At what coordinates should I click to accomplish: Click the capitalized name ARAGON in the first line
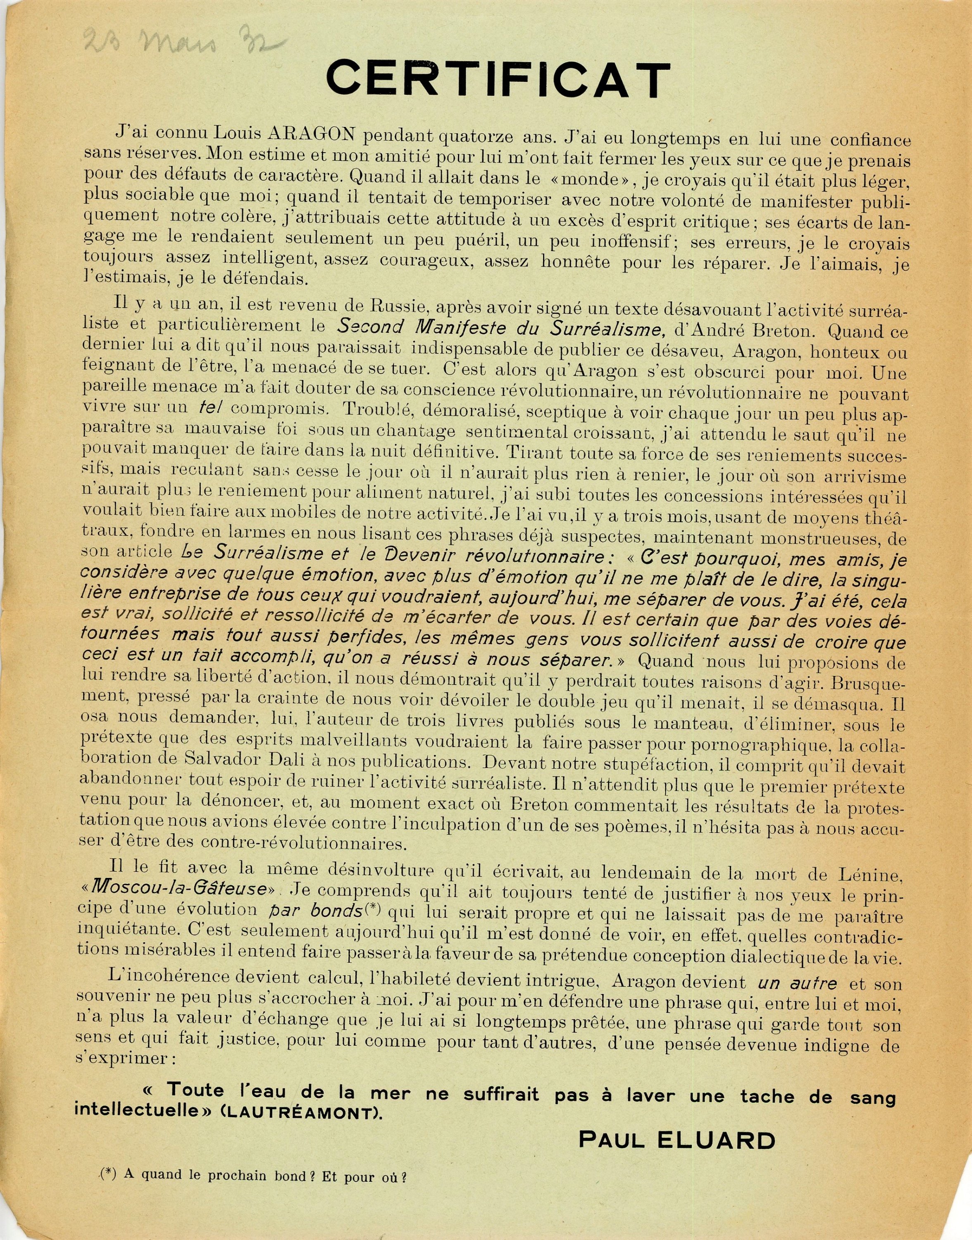[x=311, y=134]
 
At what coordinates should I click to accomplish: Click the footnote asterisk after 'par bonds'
[x=372, y=909]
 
